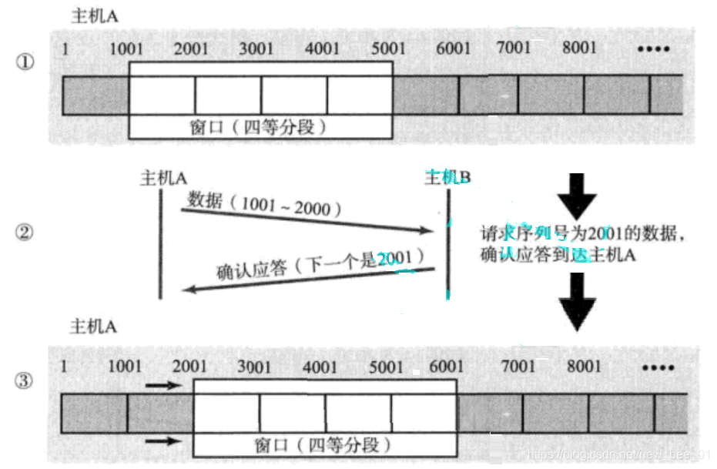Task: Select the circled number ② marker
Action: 25,233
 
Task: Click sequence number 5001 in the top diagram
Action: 388,49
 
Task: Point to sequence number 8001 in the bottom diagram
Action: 584,367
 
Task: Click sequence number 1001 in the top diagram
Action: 126,49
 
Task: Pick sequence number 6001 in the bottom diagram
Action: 447,367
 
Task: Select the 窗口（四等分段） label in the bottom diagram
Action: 323,445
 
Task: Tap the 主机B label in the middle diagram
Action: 447,178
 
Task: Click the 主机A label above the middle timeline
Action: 162,178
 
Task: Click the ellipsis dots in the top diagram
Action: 655,49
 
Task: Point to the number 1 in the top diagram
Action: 65,49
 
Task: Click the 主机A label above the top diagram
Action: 94,15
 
